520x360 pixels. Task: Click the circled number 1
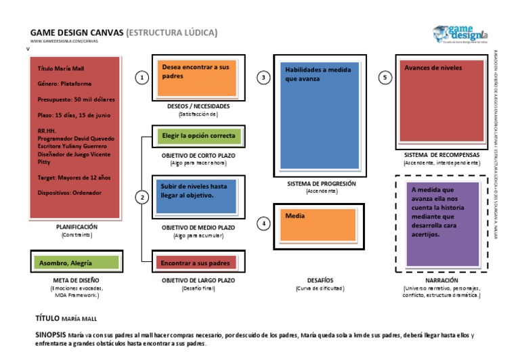tap(142, 78)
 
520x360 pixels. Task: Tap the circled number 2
tap(142, 198)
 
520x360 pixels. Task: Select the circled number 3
tap(263, 78)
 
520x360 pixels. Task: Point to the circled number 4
tap(263, 223)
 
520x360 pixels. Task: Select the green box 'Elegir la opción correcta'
tap(198, 136)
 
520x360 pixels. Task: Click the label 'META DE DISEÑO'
tap(76, 279)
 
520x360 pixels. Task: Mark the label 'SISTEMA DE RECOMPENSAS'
tap(441, 155)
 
